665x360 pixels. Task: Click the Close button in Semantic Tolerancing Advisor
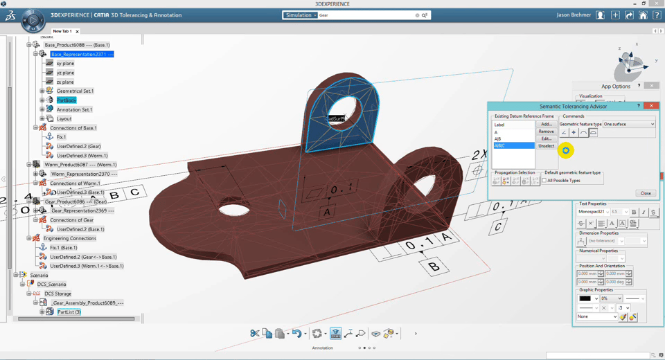click(x=645, y=193)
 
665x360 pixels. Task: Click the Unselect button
click(x=547, y=146)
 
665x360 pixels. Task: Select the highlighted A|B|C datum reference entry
click(x=513, y=146)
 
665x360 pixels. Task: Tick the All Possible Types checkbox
click(x=544, y=181)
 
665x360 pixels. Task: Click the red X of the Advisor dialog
click(x=651, y=106)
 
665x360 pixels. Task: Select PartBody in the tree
click(x=66, y=100)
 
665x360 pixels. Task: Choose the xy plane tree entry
click(x=65, y=63)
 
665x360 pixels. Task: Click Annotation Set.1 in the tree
click(x=74, y=109)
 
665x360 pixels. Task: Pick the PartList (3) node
click(x=69, y=312)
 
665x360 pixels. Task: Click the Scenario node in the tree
click(x=39, y=275)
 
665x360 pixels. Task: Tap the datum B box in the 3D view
click(x=434, y=267)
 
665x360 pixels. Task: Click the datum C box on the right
click(x=498, y=226)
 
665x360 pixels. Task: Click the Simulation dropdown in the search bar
click(x=300, y=15)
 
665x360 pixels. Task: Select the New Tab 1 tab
click(x=62, y=31)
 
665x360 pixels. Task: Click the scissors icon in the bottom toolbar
click(x=255, y=334)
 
